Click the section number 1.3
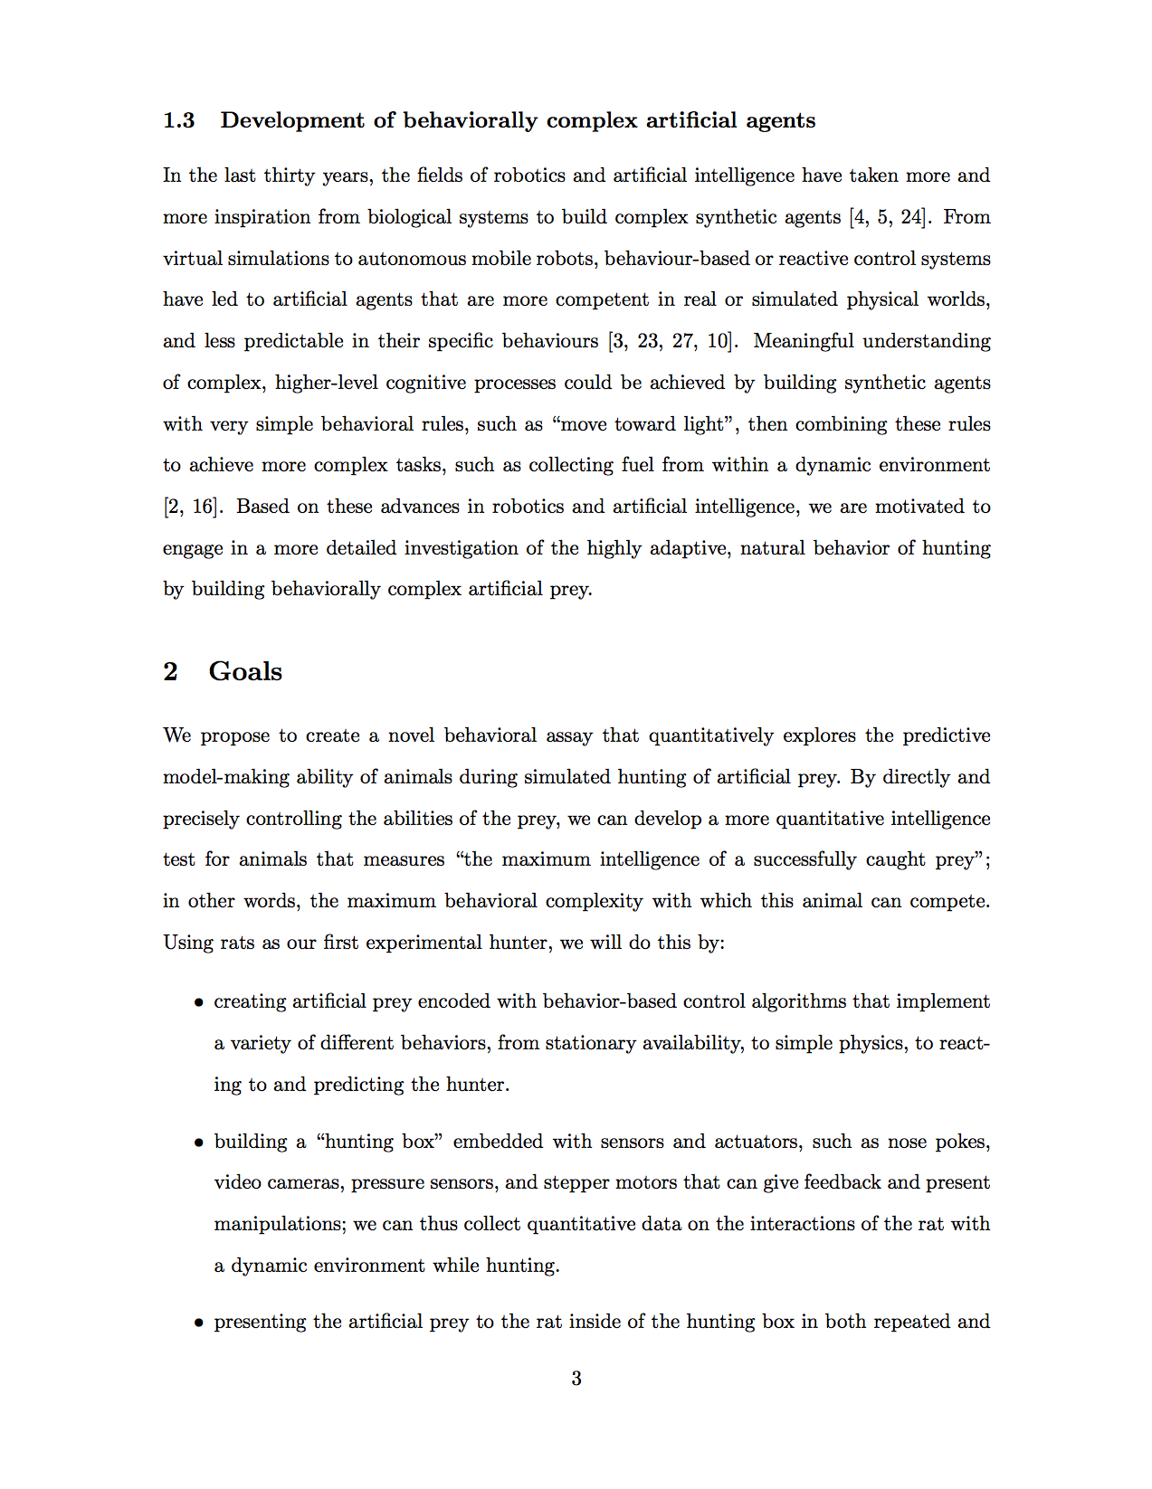178,120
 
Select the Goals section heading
245,671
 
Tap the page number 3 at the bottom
576,1379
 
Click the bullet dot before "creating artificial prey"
198,1003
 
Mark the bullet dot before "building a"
198,1143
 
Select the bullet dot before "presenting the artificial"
198,1323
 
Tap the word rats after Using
237,943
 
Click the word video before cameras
236,1183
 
